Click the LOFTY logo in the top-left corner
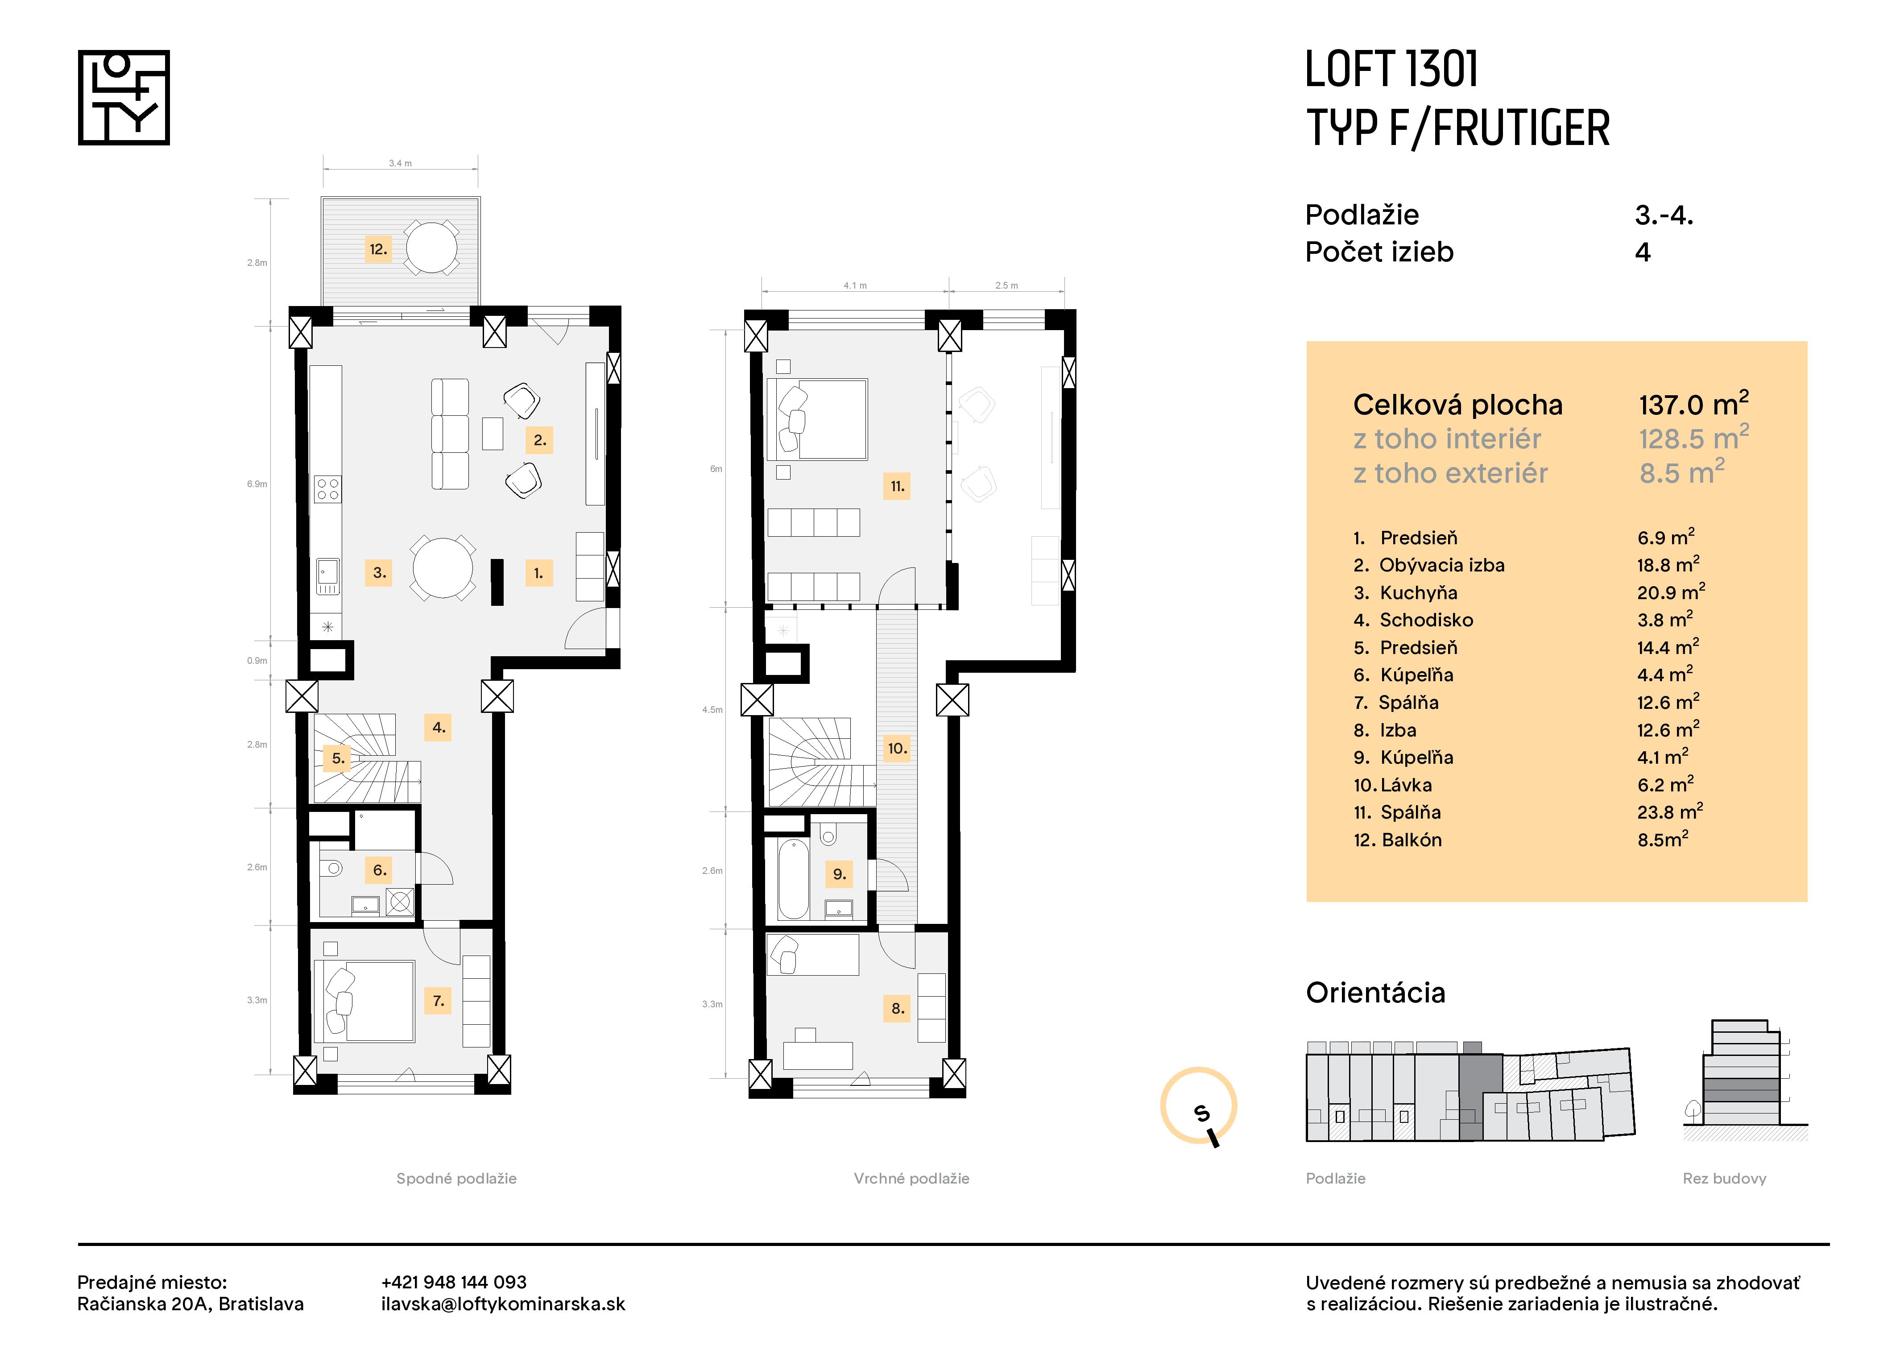124,98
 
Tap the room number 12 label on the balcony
378,249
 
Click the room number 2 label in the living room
539,440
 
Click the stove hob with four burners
328,489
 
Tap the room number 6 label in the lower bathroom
380,870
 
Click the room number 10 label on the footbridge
897,748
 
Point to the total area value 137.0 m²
1693,405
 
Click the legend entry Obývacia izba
1441,565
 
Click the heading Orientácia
1375,992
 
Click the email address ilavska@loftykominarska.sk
502,1304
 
